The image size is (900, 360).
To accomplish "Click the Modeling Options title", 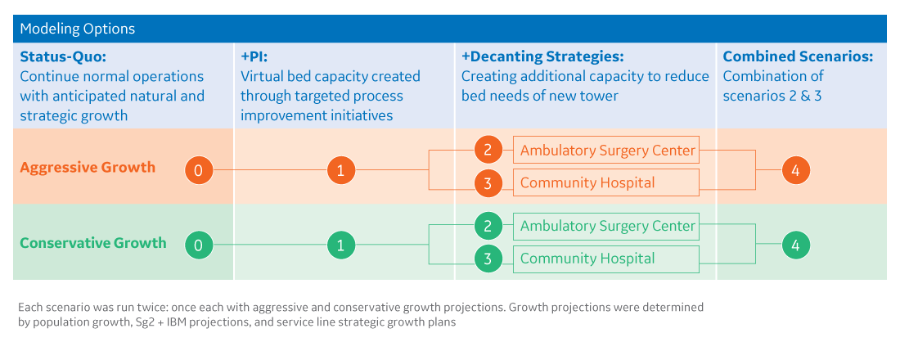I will coord(77,29).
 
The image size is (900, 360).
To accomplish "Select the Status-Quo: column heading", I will coord(63,57).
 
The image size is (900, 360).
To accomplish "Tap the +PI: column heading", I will coord(254,57).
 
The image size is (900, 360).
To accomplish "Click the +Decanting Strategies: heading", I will coord(542,57).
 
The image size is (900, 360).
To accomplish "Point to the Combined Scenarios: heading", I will coord(798,57).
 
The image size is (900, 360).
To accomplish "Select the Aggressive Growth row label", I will coord(87,168).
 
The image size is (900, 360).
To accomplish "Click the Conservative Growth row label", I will coord(92,243).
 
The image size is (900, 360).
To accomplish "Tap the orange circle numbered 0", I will coord(199,170).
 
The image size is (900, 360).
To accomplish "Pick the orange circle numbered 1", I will coord(340,170).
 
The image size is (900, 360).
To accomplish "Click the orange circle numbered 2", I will coord(488,151).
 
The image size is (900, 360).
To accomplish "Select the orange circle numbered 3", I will coord(488,183).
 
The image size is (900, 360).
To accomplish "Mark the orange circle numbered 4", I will coord(795,170).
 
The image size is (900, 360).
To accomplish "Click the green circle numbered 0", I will coord(199,245).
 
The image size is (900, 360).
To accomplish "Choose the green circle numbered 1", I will coord(340,245).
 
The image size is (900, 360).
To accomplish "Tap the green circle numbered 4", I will coord(795,245).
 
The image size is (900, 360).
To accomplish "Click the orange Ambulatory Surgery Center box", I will coord(606,151).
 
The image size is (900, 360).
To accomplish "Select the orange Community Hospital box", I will coord(606,182).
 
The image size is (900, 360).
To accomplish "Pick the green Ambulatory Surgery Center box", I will coord(606,226).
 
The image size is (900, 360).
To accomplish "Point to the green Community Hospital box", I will coord(606,259).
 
